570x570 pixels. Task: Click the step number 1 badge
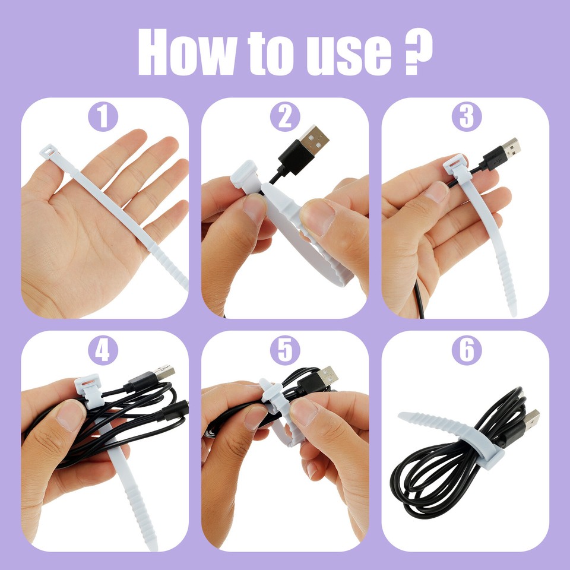point(103,116)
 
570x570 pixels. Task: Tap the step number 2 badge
point(285,116)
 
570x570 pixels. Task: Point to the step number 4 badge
point(103,350)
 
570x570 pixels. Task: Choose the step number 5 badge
point(285,350)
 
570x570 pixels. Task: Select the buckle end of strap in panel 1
point(50,152)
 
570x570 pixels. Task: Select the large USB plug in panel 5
point(326,377)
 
